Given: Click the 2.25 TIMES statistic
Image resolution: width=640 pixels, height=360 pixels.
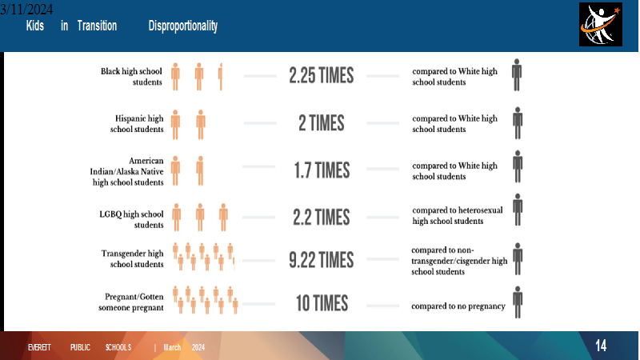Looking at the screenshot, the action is point(322,76).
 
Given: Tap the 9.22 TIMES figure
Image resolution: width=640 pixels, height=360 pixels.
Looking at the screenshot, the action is point(322,260).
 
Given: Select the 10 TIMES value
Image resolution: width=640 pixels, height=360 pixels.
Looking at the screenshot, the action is point(322,304).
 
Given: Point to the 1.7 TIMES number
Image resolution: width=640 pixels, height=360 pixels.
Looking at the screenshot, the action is point(322,170).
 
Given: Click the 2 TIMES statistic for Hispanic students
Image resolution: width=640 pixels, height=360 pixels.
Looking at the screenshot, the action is point(322,123).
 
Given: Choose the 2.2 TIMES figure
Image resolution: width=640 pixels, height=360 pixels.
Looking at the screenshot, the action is point(322,217).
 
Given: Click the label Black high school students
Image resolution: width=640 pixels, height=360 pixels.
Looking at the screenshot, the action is point(131,77).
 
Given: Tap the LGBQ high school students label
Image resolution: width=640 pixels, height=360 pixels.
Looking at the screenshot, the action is point(131,219).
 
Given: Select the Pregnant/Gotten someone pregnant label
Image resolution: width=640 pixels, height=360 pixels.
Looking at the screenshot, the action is point(131,302).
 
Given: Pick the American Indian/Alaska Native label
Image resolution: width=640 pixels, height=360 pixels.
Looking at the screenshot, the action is point(127,171).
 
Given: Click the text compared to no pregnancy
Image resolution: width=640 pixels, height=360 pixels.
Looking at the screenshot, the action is point(458,306).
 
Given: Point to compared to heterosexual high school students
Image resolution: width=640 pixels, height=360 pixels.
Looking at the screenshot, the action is point(458,215).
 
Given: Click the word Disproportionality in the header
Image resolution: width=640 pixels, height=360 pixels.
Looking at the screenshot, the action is point(183,26).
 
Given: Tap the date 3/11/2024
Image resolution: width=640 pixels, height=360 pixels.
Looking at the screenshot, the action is point(26,9).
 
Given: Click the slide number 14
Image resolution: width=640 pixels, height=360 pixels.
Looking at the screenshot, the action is point(601,346).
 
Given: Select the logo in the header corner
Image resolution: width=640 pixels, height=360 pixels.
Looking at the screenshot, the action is point(601,25).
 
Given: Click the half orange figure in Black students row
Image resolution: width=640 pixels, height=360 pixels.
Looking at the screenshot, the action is point(221,77).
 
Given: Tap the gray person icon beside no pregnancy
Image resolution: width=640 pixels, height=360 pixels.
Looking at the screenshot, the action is point(518,302).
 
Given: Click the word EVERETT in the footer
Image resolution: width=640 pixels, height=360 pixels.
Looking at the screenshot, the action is point(39,347).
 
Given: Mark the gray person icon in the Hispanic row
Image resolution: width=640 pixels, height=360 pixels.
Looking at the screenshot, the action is point(518,123).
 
